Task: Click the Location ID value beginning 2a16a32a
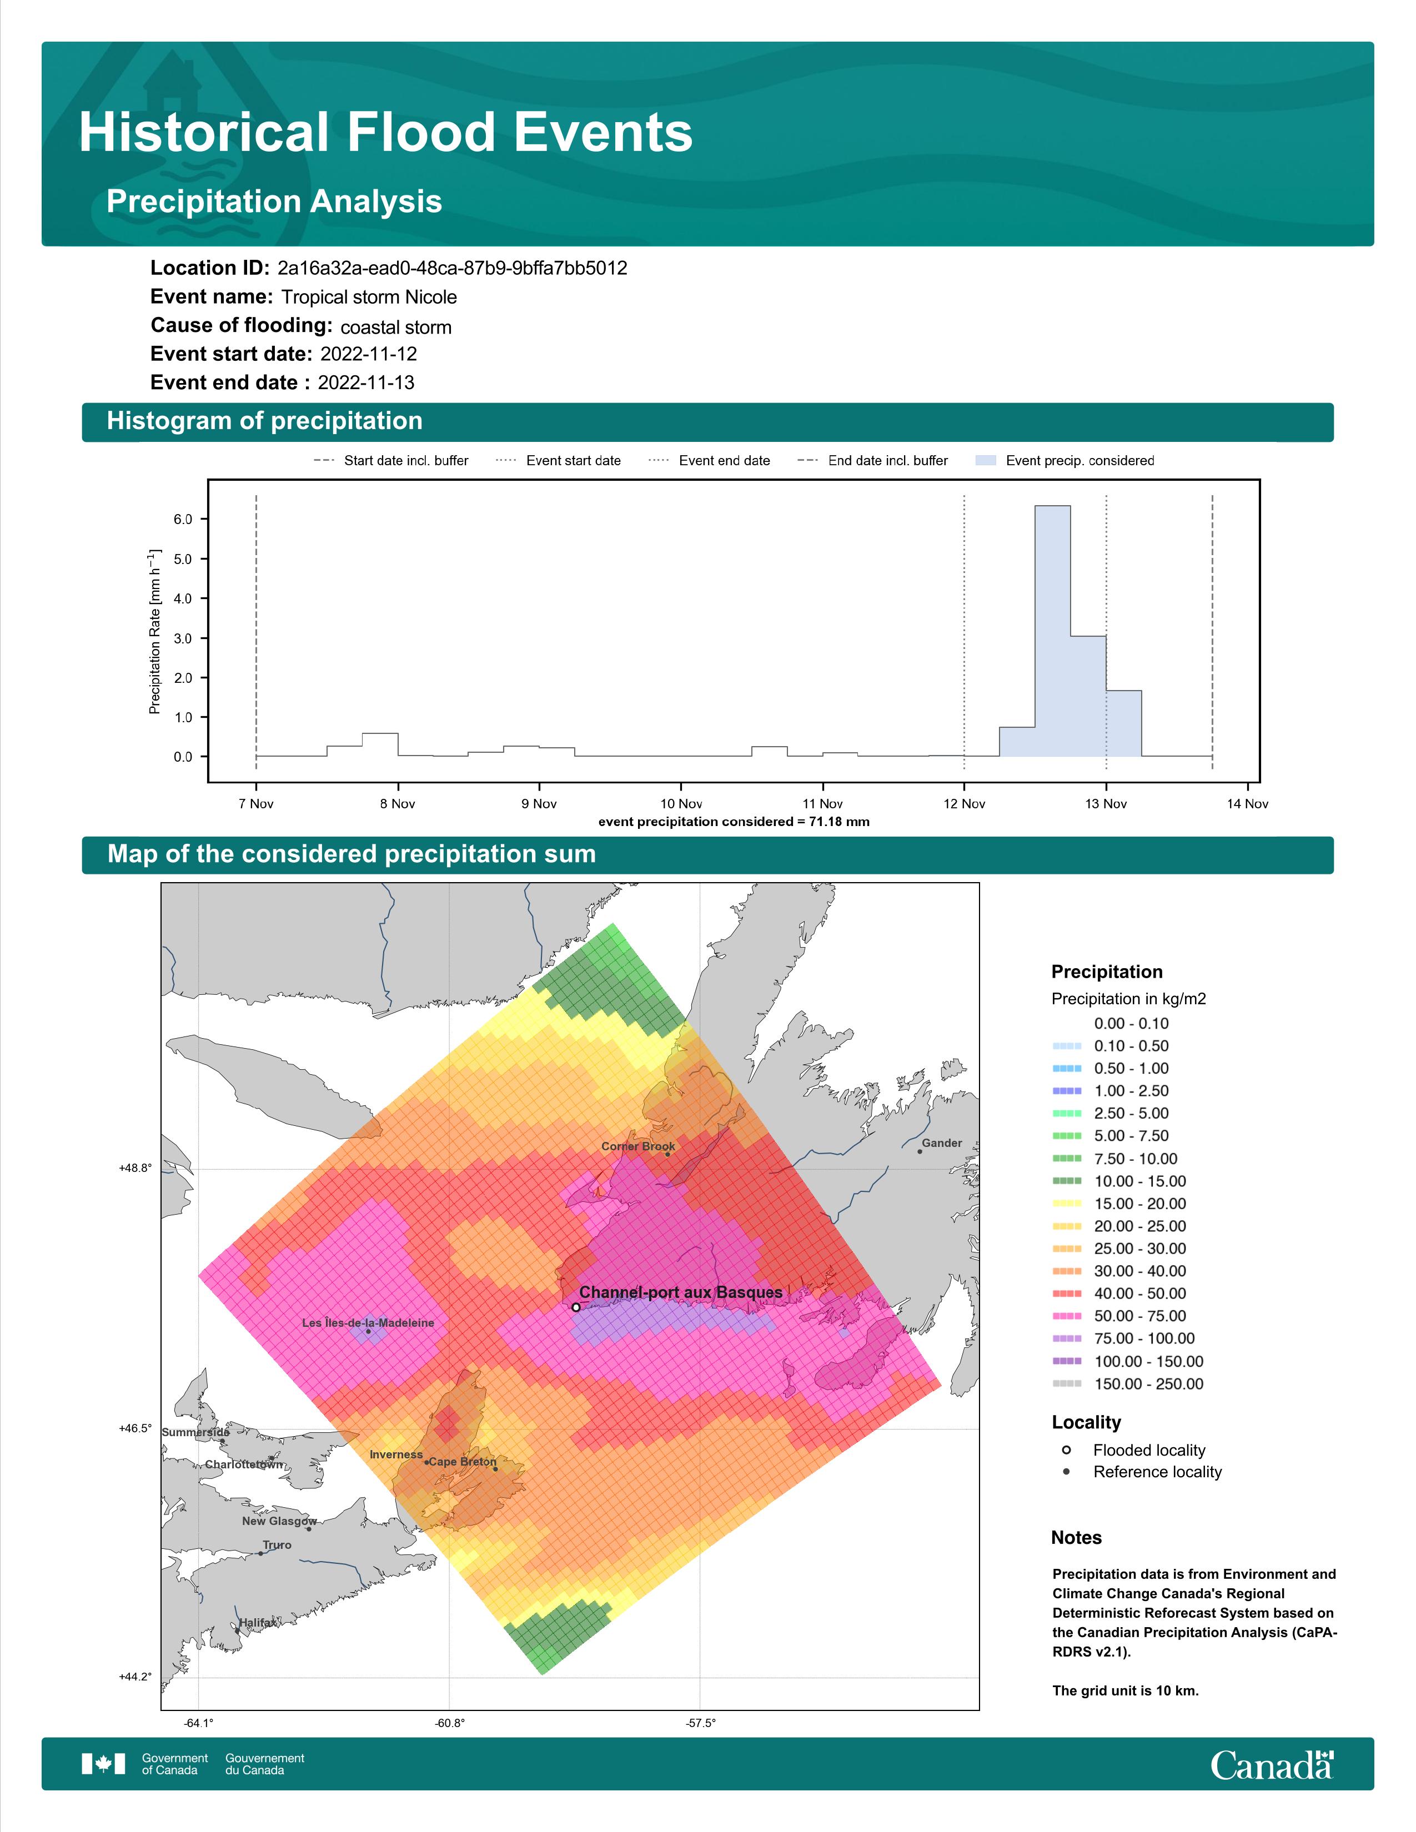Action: [452, 269]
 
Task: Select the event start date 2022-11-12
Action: [368, 354]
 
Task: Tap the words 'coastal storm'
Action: [396, 327]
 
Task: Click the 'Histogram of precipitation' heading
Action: [264, 421]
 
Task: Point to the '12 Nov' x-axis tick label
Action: [964, 804]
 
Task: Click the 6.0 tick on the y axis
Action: [183, 519]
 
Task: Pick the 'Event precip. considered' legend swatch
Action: [986, 461]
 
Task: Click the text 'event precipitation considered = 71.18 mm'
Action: [734, 822]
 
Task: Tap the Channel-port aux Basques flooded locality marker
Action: [575, 1307]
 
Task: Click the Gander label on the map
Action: [942, 1143]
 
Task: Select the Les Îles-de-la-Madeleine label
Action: [368, 1323]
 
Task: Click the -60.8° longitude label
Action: [450, 1723]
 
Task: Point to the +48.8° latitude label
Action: [135, 1167]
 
